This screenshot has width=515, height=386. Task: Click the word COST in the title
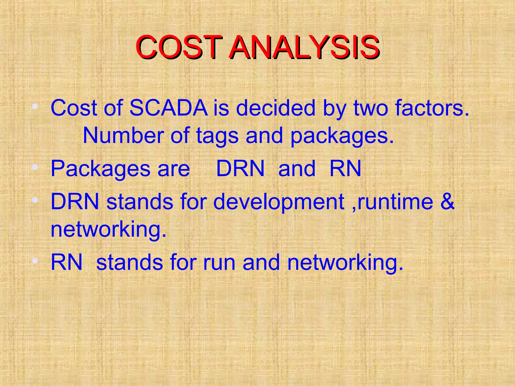pyautogui.click(x=179, y=47)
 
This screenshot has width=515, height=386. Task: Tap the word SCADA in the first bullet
pyautogui.click(x=168, y=108)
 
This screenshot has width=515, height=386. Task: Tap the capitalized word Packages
pyautogui.click(x=100, y=169)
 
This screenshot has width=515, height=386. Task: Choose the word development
pyautogui.click(x=279, y=202)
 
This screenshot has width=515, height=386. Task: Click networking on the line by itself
pyautogui.click(x=108, y=229)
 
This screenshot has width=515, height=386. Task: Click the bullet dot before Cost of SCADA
pyautogui.click(x=35, y=107)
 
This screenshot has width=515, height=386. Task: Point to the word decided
pyautogui.click(x=276, y=108)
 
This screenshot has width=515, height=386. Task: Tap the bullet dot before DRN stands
pyautogui.click(x=35, y=200)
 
